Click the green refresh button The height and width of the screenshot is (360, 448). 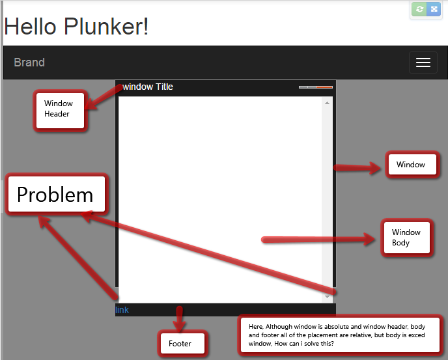point(420,9)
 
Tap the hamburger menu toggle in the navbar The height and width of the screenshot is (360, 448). point(423,62)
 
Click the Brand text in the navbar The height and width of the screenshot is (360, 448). point(29,62)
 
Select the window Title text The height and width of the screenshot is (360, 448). point(148,87)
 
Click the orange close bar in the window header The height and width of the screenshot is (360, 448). point(324,87)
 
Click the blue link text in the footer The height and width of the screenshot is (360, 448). point(122,310)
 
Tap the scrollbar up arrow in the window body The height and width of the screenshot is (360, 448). point(328,103)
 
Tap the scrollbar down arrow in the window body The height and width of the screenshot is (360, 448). point(328,297)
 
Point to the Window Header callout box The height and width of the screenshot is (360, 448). point(59,109)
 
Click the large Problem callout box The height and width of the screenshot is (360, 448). point(55,195)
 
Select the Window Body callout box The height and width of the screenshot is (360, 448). point(406,238)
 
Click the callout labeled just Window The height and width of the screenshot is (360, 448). point(411,165)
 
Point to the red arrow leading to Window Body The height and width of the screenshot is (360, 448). point(319,240)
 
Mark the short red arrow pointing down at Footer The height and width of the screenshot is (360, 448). point(179,318)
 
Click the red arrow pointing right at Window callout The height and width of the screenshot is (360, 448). point(358,168)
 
